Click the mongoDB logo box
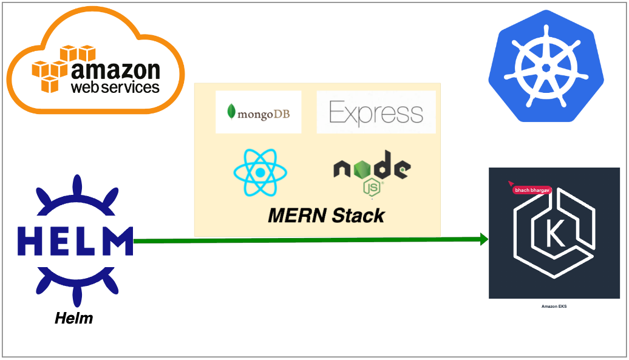click(x=258, y=112)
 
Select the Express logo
click(x=376, y=112)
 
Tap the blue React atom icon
click(x=259, y=172)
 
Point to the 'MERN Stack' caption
click(x=326, y=216)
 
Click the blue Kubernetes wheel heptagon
click(x=546, y=66)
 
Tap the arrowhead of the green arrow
click(x=484, y=239)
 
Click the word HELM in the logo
click(x=75, y=240)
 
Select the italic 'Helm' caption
click(x=74, y=318)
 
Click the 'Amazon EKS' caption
click(x=554, y=307)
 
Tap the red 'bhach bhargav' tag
click(x=532, y=190)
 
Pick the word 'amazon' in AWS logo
click(x=115, y=70)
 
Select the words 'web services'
click(x=115, y=87)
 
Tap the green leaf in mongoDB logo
click(x=231, y=112)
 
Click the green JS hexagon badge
click(x=372, y=188)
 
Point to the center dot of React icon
click(x=259, y=172)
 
